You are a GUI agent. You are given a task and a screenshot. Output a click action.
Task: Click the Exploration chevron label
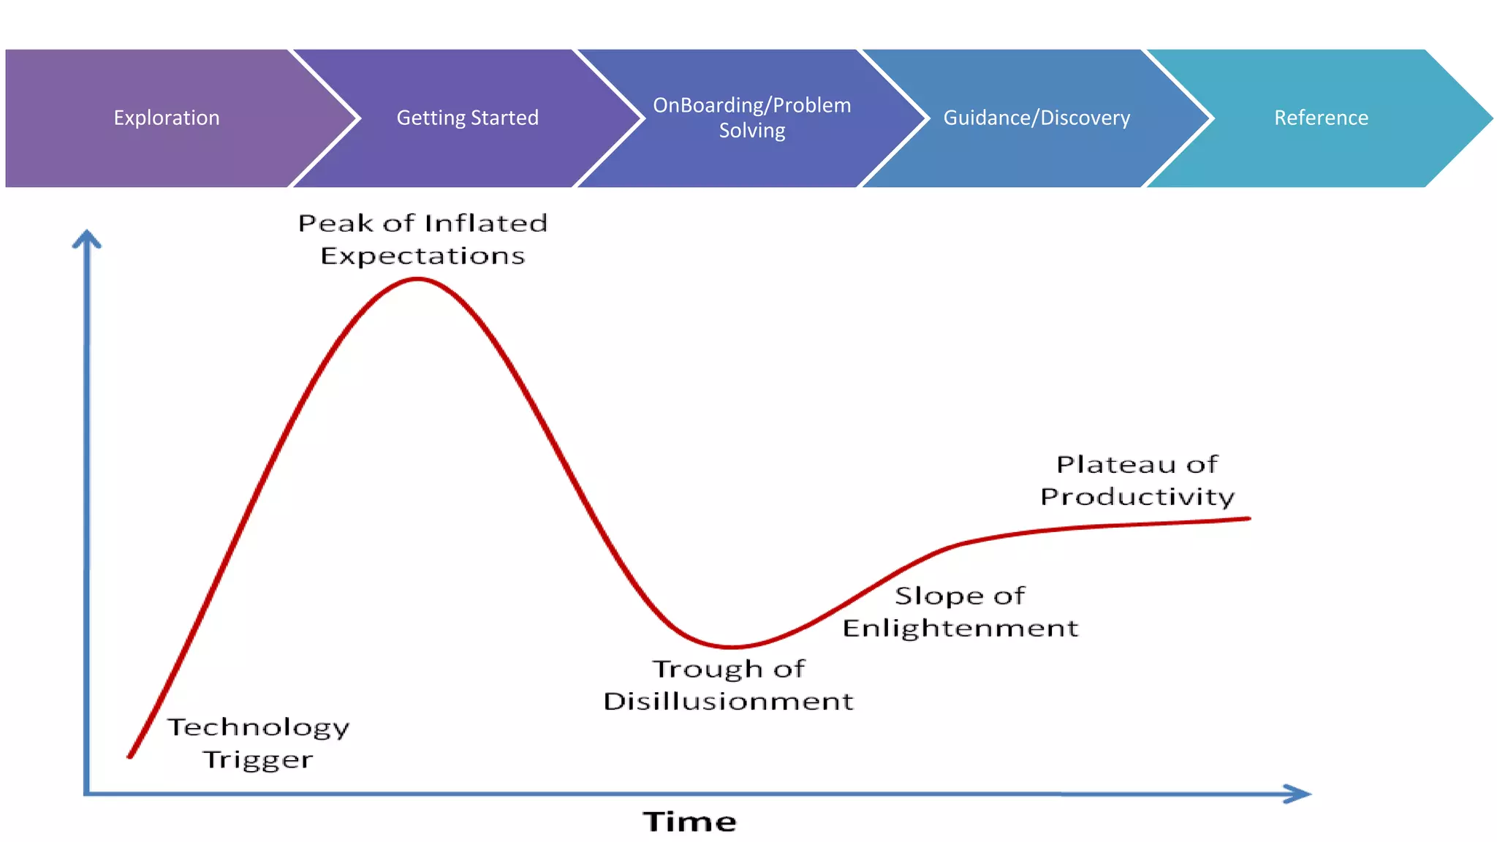point(167,118)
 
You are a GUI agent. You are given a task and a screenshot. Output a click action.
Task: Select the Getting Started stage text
point(467,118)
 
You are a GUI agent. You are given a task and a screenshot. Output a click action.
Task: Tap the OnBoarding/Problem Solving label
point(751,118)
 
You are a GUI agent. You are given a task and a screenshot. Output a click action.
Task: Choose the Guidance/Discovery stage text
point(1036,118)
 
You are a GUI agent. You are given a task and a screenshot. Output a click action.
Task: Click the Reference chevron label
point(1321,118)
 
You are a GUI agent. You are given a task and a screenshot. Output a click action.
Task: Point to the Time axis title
point(689,822)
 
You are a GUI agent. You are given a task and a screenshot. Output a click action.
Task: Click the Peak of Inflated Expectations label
point(422,239)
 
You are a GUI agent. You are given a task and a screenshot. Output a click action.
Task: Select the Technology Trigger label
point(258,743)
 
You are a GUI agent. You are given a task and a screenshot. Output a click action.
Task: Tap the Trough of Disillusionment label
point(728,685)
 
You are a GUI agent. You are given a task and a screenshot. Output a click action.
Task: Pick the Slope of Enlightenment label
point(960,612)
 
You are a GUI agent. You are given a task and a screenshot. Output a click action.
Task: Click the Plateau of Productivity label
point(1137,480)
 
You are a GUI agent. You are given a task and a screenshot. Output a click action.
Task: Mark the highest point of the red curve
point(417,278)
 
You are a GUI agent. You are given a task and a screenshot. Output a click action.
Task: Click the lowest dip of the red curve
point(732,647)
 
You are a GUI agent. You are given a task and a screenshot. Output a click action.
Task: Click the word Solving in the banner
point(751,131)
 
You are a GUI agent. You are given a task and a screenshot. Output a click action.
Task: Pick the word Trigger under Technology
point(258,760)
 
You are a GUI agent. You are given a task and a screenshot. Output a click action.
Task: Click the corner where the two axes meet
point(87,793)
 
